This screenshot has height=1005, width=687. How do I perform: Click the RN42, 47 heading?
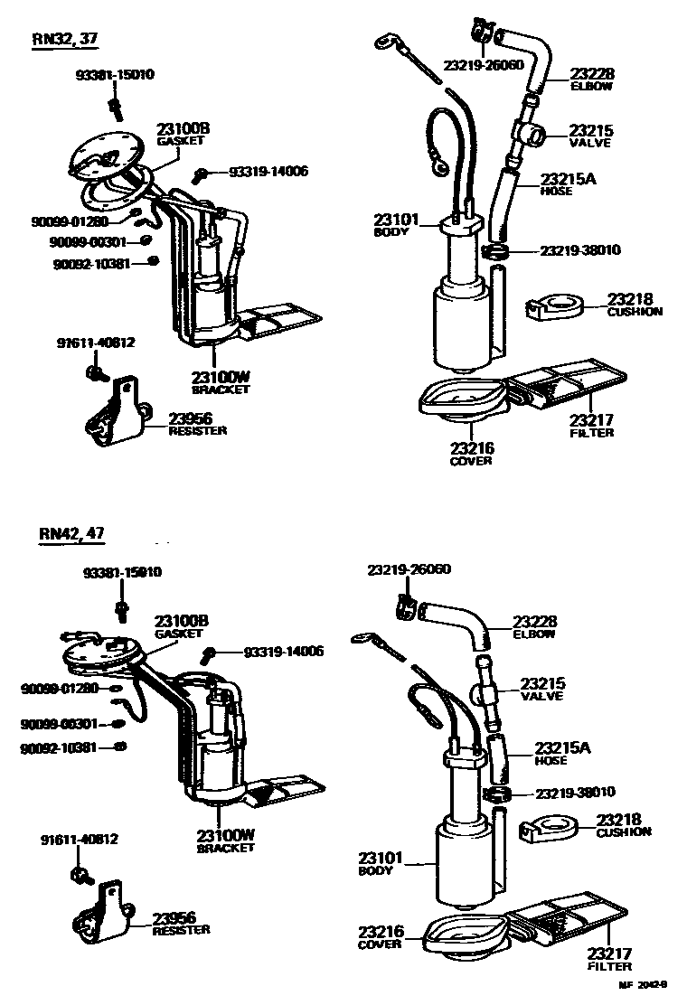tap(72, 533)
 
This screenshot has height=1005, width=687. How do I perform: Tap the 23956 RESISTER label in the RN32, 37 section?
tap(197, 423)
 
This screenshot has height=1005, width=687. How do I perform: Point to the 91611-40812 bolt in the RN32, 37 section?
tap(95, 371)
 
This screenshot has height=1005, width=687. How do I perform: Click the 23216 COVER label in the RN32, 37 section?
tap(470, 453)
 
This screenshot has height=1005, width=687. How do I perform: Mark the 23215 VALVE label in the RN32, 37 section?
tap(590, 136)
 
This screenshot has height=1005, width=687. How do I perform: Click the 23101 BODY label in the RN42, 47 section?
tap(375, 863)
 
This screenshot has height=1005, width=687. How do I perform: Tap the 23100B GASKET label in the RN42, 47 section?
tap(181, 626)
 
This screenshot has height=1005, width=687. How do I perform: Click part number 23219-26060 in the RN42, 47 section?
tap(409, 569)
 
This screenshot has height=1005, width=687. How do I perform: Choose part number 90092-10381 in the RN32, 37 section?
tap(90, 263)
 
